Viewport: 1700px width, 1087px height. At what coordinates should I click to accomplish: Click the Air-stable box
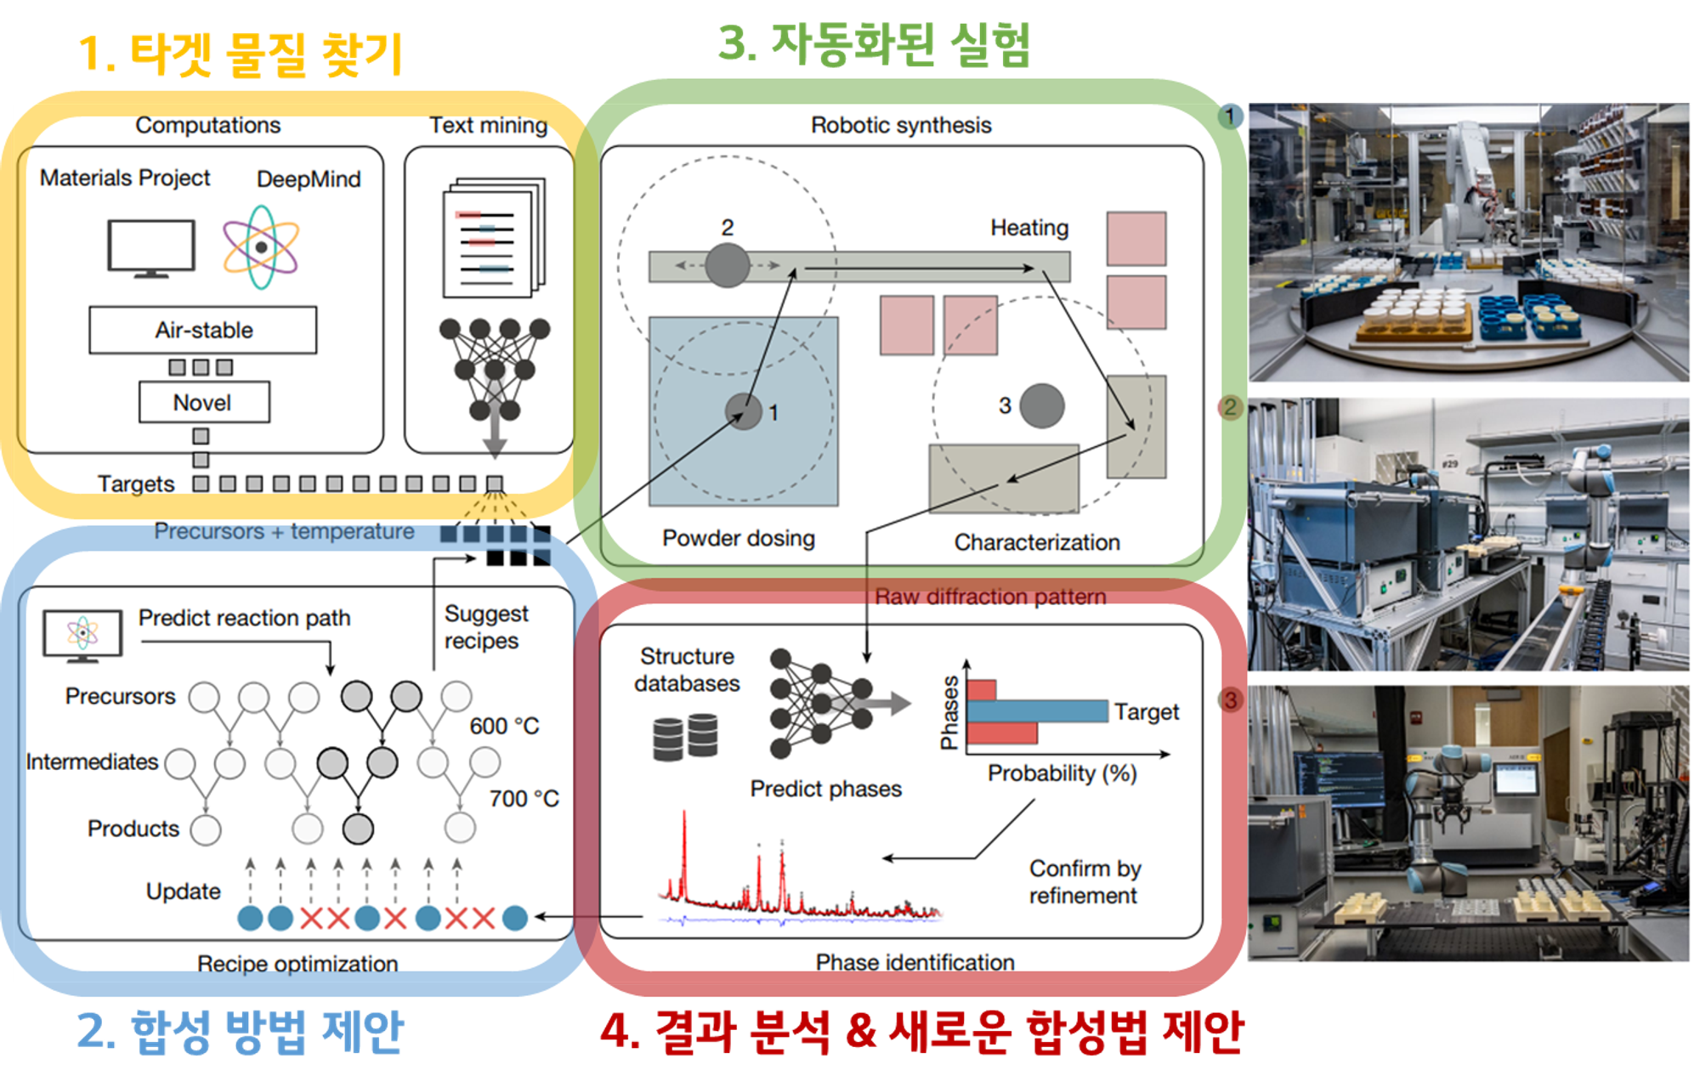[x=203, y=330]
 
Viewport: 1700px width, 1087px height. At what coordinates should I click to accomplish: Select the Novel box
[x=204, y=402]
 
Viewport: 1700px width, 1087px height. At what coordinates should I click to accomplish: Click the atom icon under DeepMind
[x=261, y=247]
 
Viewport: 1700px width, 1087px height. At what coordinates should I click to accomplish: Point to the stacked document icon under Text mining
[x=494, y=237]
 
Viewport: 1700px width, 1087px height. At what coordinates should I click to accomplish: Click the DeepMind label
[x=309, y=179]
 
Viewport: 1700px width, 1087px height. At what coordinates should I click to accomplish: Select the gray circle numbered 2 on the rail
[x=727, y=265]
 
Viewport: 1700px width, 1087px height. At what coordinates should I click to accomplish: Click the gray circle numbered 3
[x=1041, y=405]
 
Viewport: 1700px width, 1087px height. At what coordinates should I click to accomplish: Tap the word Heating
[x=1029, y=228]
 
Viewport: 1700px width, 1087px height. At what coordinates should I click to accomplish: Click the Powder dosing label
[x=739, y=538]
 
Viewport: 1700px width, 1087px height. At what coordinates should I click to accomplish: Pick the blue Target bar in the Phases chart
[x=1037, y=711]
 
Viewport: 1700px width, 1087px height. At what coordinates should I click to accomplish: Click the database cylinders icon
[x=685, y=736]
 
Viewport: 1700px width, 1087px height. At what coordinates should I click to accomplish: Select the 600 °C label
[x=504, y=726]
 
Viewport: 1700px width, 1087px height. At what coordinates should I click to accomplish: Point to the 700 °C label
[x=524, y=799]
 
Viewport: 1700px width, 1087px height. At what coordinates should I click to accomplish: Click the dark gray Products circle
[x=358, y=829]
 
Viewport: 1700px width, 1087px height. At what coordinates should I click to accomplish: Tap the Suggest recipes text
[x=485, y=627]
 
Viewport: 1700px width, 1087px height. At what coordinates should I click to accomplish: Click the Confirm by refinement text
[x=1085, y=881]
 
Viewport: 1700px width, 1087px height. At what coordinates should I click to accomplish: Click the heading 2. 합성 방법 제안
[x=241, y=1032]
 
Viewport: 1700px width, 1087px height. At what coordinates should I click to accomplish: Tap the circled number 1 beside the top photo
[x=1229, y=116]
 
